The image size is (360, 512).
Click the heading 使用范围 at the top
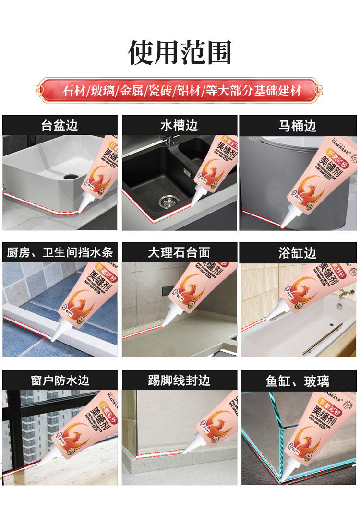tap(180, 53)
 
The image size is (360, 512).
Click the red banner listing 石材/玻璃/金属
tap(180, 90)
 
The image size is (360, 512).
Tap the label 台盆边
tap(60, 126)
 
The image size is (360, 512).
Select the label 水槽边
tap(179, 126)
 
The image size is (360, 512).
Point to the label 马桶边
tap(298, 126)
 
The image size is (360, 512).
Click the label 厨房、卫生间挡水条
tap(60, 252)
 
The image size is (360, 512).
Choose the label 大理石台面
tap(179, 252)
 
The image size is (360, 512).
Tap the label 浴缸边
tap(298, 252)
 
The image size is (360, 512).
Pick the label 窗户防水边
tap(60, 381)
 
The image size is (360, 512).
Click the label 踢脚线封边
tap(179, 381)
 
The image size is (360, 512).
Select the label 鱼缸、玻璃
tap(298, 381)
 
